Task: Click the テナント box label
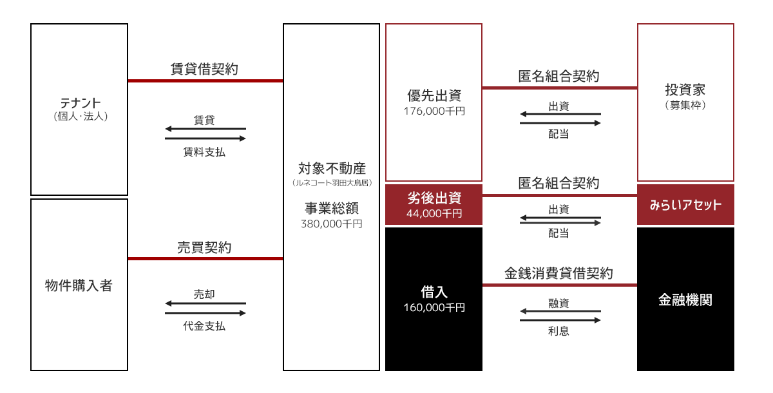[81, 103]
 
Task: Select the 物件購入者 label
[79, 285]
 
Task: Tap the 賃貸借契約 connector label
[204, 69]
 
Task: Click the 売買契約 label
[204, 247]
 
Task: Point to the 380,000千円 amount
[331, 224]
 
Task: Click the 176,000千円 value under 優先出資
[434, 111]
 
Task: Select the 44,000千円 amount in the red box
[434, 214]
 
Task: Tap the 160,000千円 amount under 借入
[434, 307]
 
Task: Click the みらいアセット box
[685, 205]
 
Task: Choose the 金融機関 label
[685, 300]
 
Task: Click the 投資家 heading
[685, 90]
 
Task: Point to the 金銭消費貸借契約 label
[558, 273]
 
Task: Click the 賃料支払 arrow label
[204, 152]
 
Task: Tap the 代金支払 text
[204, 326]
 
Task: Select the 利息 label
[558, 331]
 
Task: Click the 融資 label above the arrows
[558, 303]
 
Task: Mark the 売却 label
[204, 294]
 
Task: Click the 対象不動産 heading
[332, 169]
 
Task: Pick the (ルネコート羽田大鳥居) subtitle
[332, 183]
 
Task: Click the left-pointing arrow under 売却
[205, 303]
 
